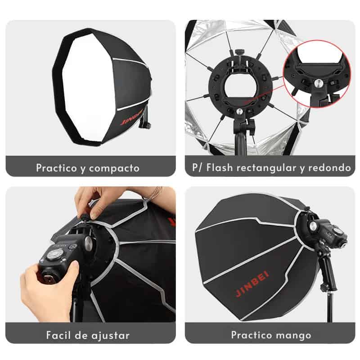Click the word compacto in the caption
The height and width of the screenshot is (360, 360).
[x=114, y=168]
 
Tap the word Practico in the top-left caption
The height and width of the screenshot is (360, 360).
[x=57, y=168]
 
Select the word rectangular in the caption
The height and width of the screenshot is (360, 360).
[x=266, y=168]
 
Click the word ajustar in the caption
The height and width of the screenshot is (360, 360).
[x=110, y=336]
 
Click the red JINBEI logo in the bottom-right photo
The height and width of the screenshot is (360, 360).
[x=252, y=283]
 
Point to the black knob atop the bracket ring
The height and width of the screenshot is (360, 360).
[x=238, y=51]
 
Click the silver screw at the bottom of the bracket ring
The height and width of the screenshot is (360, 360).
[x=239, y=112]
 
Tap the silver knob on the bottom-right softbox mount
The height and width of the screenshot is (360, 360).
[x=313, y=226]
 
